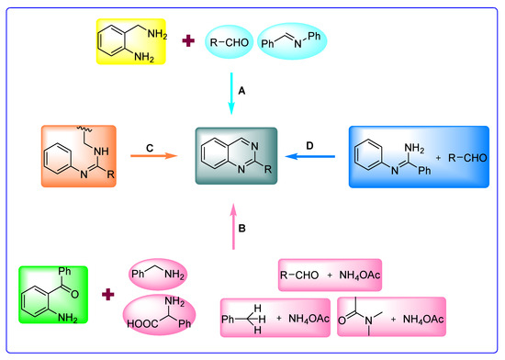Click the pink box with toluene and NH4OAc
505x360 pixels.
pyautogui.click(x=275, y=317)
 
